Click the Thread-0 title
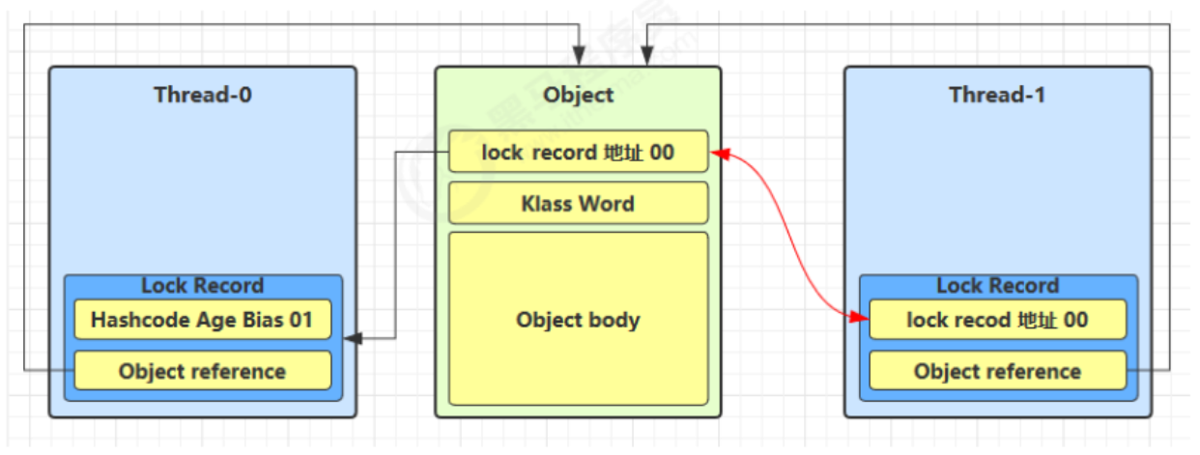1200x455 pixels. (x=203, y=95)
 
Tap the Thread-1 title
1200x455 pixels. (x=997, y=95)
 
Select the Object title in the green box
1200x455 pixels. (x=578, y=95)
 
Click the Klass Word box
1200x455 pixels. (x=578, y=204)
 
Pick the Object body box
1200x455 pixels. (x=578, y=319)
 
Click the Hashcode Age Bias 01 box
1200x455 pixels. (x=202, y=320)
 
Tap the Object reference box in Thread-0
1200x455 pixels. (x=202, y=371)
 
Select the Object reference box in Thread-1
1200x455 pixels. (x=997, y=371)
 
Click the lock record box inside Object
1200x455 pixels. (x=578, y=153)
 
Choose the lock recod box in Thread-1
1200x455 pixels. (x=997, y=320)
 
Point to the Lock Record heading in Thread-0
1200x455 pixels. (x=202, y=285)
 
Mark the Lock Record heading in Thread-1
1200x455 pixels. (x=997, y=285)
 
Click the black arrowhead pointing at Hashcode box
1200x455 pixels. (x=354, y=338)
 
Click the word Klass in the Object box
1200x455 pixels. (x=546, y=204)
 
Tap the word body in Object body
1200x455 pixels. (x=615, y=320)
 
